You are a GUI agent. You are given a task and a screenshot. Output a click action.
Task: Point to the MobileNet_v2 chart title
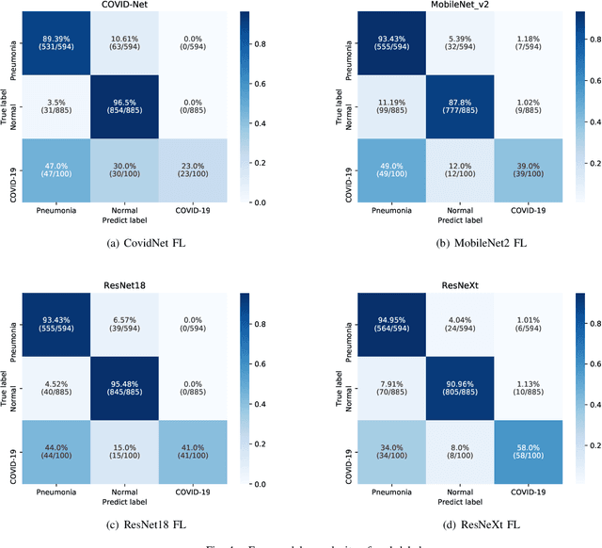tap(447, 5)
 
